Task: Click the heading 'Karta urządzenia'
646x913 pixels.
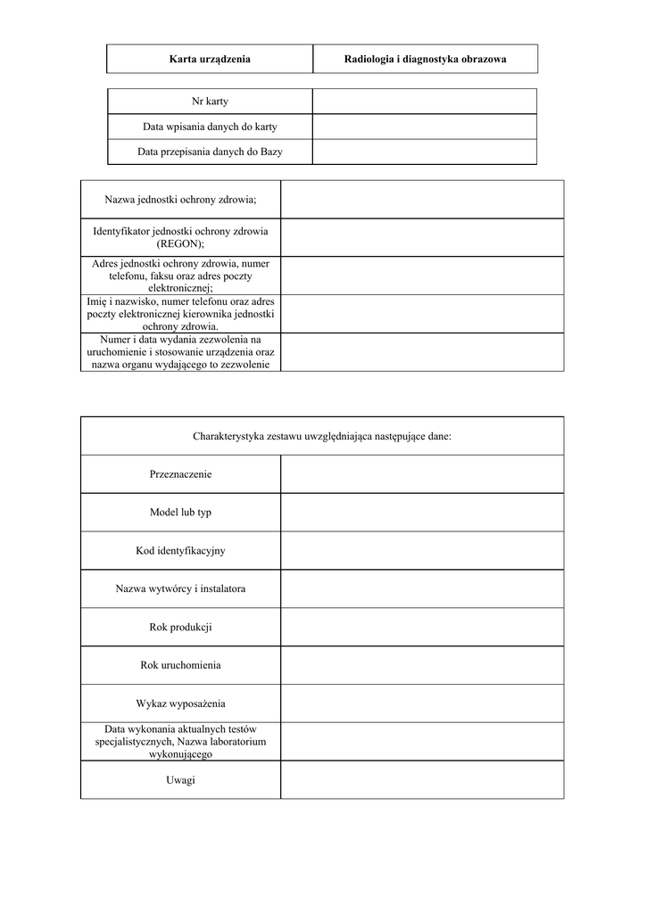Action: [x=210, y=59]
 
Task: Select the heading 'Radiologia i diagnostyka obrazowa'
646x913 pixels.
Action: [x=425, y=59]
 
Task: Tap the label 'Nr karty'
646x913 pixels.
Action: [x=210, y=102]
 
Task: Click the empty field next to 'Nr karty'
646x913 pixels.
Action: [x=425, y=102]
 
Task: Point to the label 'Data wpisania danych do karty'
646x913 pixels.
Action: [x=210, y=127]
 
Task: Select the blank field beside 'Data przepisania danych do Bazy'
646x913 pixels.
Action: [x=425, y=152]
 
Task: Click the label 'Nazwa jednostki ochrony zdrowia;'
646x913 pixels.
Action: [x=180, y=199]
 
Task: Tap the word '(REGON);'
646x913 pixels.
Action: [x=180, y=243]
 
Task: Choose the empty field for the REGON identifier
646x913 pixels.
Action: [x=421, y=237]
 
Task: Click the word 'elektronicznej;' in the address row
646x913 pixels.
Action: [x=180, y=288]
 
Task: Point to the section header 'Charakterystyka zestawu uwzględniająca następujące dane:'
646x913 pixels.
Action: [x=322, y=436]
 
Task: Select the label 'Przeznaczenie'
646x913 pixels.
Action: [x=180, y=474]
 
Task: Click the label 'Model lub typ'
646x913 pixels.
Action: [x=180, y=513]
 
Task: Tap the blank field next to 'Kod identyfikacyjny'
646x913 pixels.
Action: [x=421, y=551]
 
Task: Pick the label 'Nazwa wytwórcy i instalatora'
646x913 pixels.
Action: [x=180, y=589]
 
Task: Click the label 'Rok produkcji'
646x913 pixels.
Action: [x=180, y=628]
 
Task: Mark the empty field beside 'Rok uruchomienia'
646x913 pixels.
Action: [x=421, y=665]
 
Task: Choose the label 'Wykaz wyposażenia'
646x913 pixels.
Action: [x=180, y=703]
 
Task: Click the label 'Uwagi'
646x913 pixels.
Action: [x=180, y=780]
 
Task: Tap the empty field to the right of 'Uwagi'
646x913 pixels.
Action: [x=421, y=780]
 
